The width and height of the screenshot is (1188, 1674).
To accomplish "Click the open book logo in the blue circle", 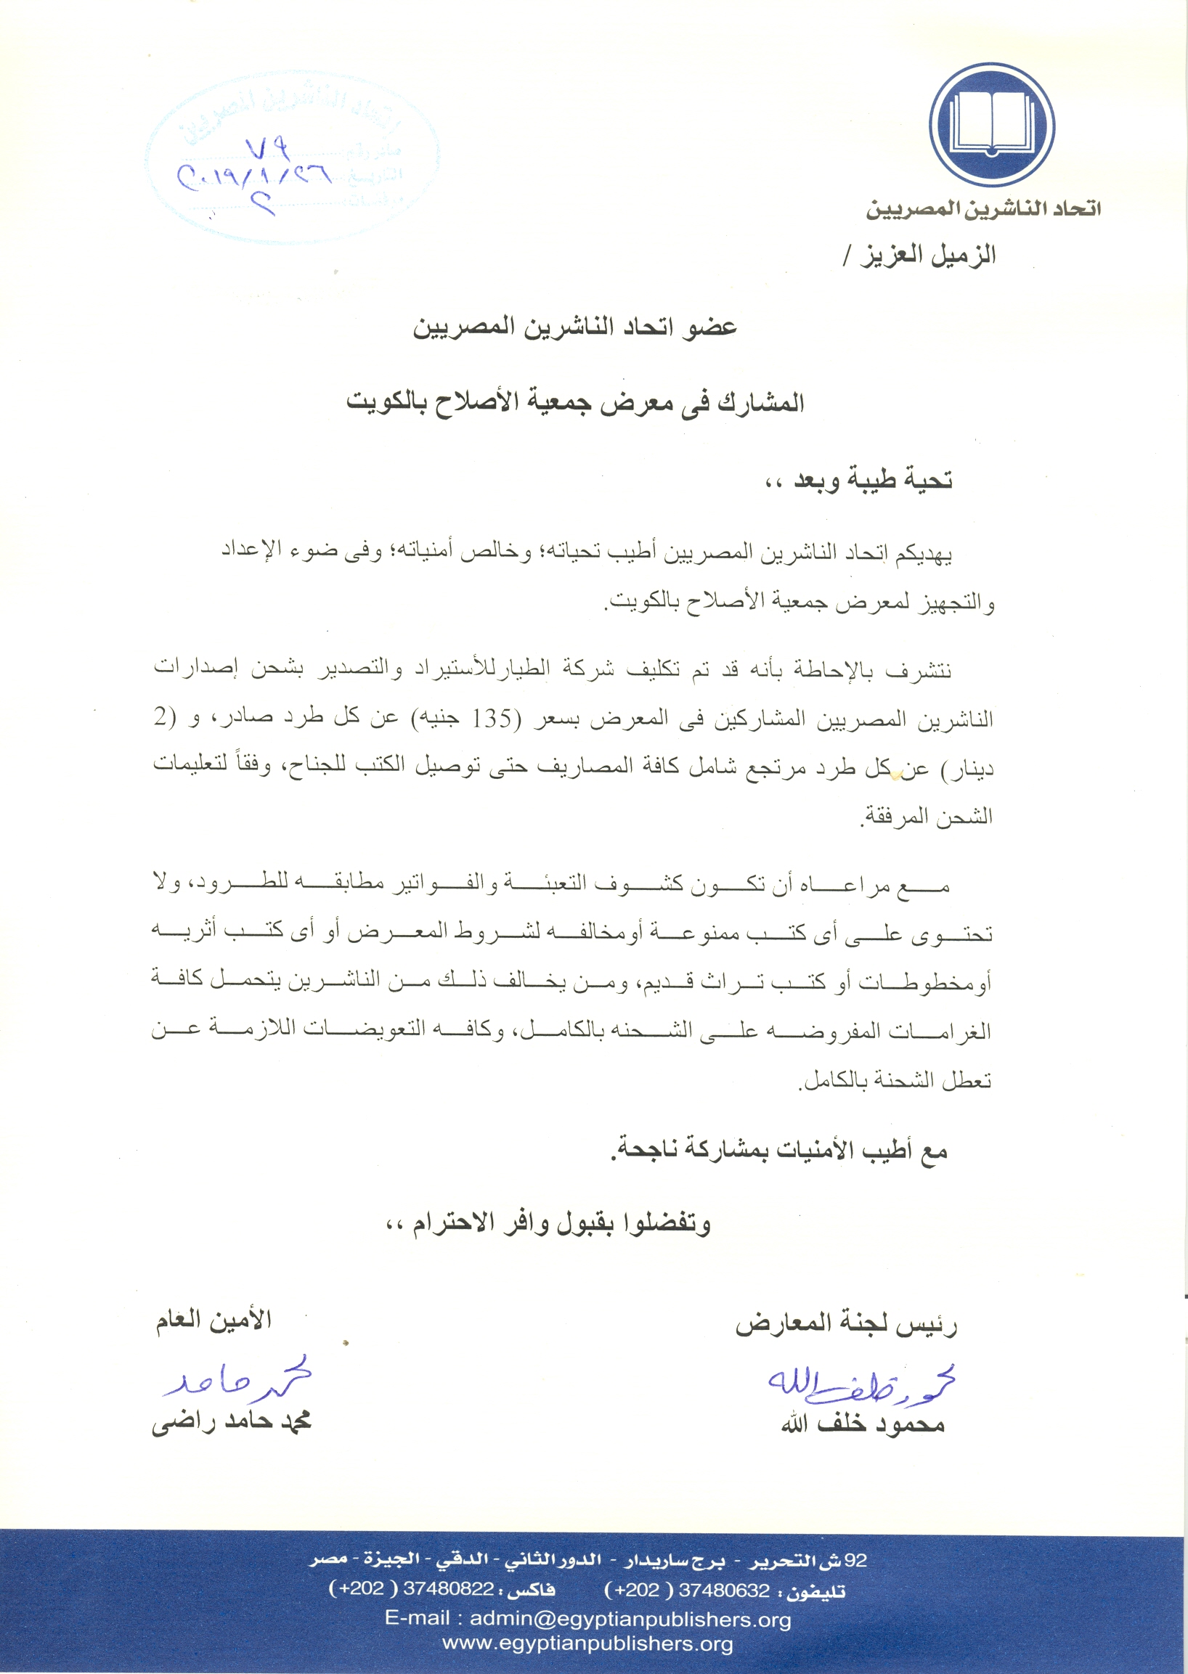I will (x=991, y=124).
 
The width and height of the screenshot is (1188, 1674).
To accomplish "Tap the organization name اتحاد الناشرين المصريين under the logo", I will (x=983, y=209).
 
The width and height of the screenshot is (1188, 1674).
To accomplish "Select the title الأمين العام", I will (x=213, y=1319).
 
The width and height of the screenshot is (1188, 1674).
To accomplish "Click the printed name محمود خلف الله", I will (x=863, y=1424).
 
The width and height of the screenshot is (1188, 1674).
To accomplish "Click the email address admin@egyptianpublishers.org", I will (x=630, y=1619).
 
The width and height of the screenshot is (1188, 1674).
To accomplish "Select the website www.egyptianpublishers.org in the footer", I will (x=587, y=1644).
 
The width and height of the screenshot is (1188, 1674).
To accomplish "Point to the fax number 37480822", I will (x=448, y=1590).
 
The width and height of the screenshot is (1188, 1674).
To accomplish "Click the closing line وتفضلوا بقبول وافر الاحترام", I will (x=548, y=1225).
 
